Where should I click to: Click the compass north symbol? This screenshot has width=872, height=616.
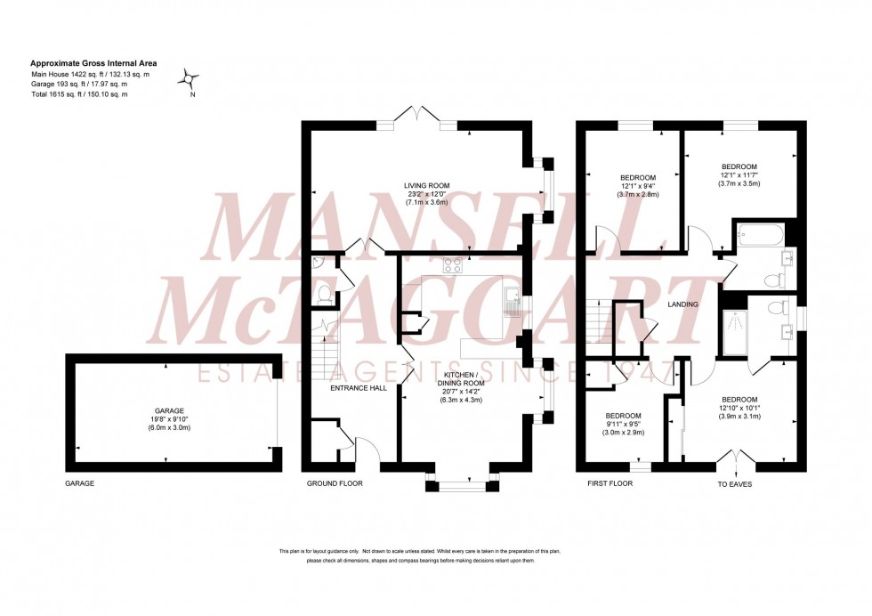click(190, 79)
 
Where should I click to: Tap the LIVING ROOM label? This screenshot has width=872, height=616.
click(423, 185)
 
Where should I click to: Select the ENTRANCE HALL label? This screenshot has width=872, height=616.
click(358, 389)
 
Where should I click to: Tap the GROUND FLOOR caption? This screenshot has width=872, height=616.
click(335, 483)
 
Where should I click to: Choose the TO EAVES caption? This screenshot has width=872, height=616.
click(737, 484)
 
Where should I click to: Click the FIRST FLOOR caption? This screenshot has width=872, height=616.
click(610, 483)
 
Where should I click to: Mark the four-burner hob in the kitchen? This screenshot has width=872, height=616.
click(453, 263)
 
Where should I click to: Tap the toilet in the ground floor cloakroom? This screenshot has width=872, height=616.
click(324, 295)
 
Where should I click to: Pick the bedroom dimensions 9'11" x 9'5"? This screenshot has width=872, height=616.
click(624, 425)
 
